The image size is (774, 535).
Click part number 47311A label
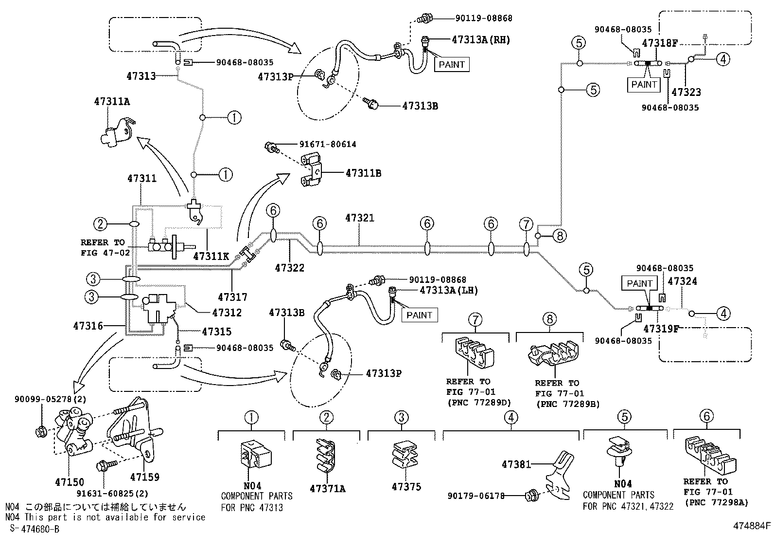click(x=112, y=102)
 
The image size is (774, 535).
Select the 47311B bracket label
click(x=363, y=173)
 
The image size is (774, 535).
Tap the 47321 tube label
click(x=360, y=218)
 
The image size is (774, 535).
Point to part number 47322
click(x=290, y=268)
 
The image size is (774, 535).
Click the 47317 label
click(x=232, y=297)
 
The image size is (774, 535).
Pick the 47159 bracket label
click(x=144, y=477)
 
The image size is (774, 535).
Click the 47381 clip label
click(x=516, y=465)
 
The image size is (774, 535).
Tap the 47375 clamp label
click(x=406, y=487)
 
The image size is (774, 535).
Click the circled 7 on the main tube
click(x=526, y=224)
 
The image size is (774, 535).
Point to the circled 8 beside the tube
click(x=559, y=236)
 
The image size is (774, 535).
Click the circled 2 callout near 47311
click(x=100, y=224)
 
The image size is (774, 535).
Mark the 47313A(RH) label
click(x=481, y=40)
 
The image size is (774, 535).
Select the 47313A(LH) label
click(x=449, y=290)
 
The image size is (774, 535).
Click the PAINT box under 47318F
click(x=644, y=84)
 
